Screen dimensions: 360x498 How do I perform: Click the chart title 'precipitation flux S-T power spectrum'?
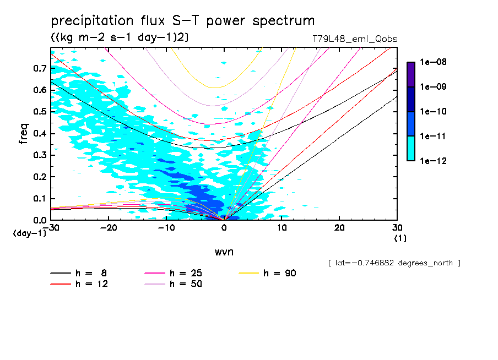183,21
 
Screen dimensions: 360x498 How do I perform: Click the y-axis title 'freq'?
24,134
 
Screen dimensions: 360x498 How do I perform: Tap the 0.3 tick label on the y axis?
39,155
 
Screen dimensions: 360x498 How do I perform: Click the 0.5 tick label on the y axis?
39,112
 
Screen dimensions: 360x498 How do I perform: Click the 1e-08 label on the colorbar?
433,63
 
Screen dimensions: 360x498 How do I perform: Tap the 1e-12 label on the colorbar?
433,161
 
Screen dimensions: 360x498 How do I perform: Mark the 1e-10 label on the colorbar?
433,112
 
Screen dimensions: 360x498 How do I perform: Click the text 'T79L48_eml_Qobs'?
354,39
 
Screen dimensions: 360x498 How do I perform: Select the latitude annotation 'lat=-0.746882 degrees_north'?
394,263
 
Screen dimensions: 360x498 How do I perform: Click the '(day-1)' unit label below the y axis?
30,233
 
